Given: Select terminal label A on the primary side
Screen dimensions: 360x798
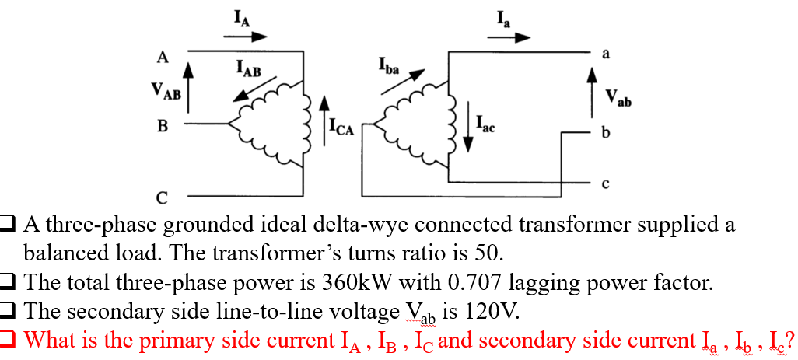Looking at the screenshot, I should pyautogui.click(x=162, y=56).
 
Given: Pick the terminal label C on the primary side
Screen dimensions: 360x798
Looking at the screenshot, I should pyautogui.click(x=163, y=196).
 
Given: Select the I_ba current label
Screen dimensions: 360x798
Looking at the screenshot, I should pyautogui.click(x=389, y=67).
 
